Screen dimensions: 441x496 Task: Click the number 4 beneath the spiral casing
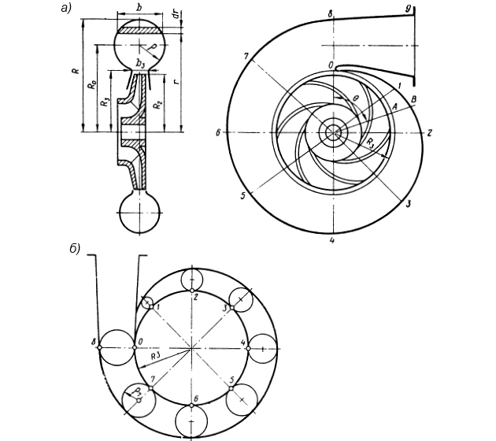333,240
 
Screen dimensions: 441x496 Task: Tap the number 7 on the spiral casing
246,56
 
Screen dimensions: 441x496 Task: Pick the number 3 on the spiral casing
409,203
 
